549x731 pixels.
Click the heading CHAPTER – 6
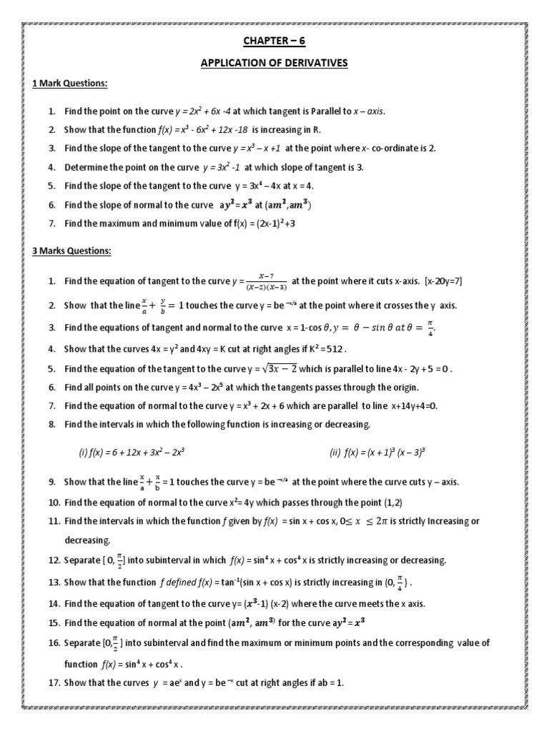coord(274,41)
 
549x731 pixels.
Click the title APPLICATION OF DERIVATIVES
coord(274,64)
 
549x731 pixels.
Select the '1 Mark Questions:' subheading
coord(70,84)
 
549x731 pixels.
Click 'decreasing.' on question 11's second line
coord(89,540)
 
